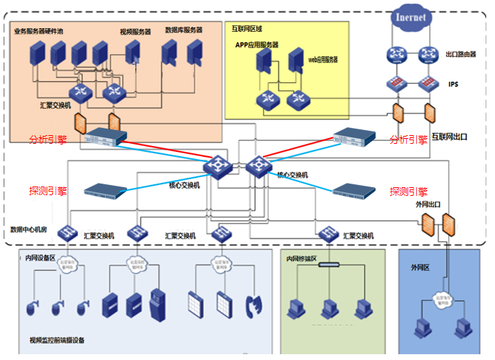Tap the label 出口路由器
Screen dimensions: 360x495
[x=460, y=54]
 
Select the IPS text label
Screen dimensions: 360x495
[x=453, y=85]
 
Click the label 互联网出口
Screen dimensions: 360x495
[x=450, y=137]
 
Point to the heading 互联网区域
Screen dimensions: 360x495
[x=247, y=28]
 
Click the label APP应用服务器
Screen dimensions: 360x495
[x=257, y=45]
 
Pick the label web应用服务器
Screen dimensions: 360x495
[x=323, y=59]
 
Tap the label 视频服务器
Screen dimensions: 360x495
[x=135, y=32]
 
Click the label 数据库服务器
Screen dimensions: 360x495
[x=184, y=30]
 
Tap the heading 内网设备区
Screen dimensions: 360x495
[x=40, y=257]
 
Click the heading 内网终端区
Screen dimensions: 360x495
[x=303, y=258]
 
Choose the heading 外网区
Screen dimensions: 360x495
[x=420, y=267]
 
